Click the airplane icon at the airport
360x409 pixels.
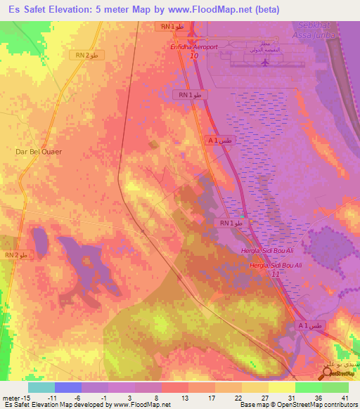[265, 63]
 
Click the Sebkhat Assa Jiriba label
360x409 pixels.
[310, 28]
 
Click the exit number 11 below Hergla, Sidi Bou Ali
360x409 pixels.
[276, 273]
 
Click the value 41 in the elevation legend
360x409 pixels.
[345, 397]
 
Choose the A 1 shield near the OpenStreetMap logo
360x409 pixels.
[309, 326]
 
